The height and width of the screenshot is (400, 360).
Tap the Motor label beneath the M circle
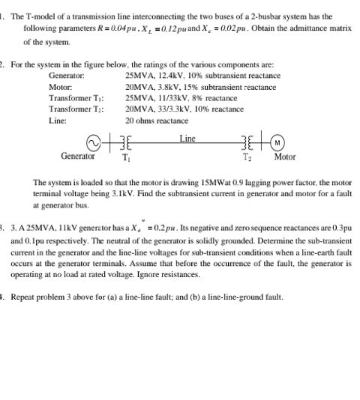285,158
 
